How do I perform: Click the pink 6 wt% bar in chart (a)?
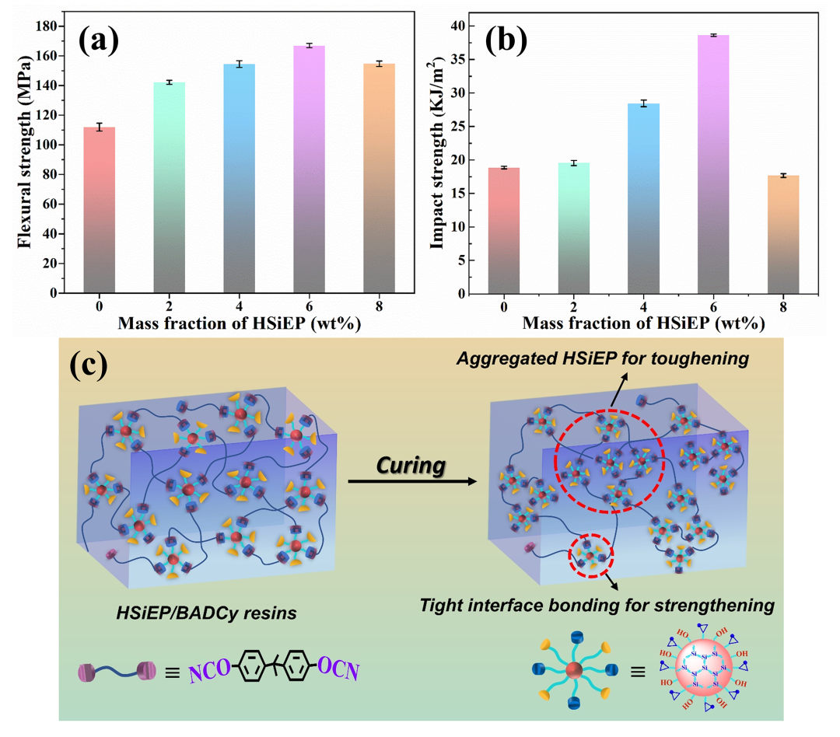[309, 169]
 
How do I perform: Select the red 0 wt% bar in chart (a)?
[99, 210]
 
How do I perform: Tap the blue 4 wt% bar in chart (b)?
[643, 199]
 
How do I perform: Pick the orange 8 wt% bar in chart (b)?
[783, 235]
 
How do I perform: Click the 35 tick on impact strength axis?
[458, 59]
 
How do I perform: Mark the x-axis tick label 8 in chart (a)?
[380, 306]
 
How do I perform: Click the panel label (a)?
[99, 40]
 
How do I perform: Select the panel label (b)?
[506, 40]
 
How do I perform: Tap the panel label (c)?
[89, 365]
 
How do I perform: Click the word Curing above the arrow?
[411, 465]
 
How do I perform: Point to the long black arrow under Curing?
[412, 481]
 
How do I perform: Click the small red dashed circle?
[591, 555]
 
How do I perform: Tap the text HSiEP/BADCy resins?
[206, 613]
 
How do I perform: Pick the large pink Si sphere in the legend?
[704, 667]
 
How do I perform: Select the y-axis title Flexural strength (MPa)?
[25, 152]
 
